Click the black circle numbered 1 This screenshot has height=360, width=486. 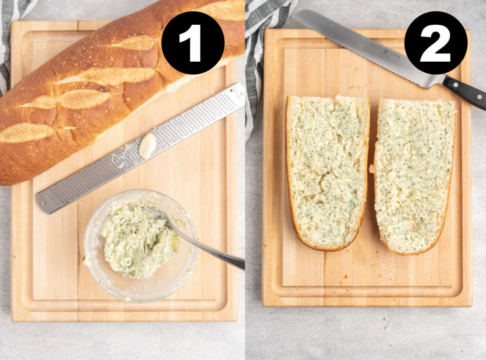(193, 43)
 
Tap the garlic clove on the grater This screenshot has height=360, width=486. (147, 145)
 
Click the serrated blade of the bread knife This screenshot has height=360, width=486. (361, 47)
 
